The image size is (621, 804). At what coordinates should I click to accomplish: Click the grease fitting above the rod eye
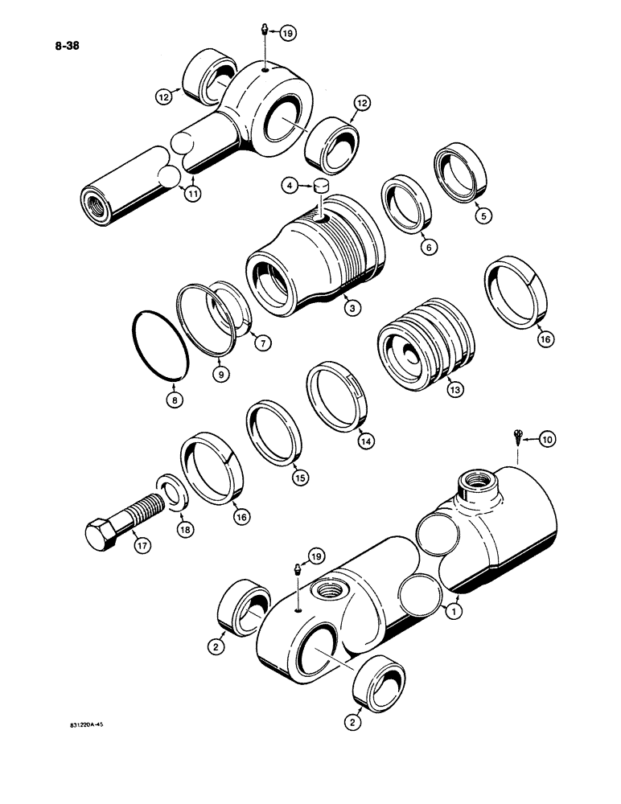pos(266,31)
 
